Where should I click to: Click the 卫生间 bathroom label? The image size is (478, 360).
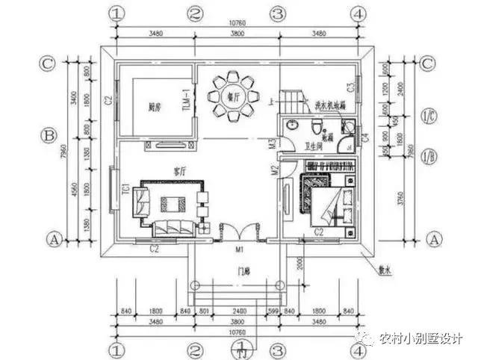tap(313, 146)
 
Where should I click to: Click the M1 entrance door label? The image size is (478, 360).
tap(240, 248)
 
